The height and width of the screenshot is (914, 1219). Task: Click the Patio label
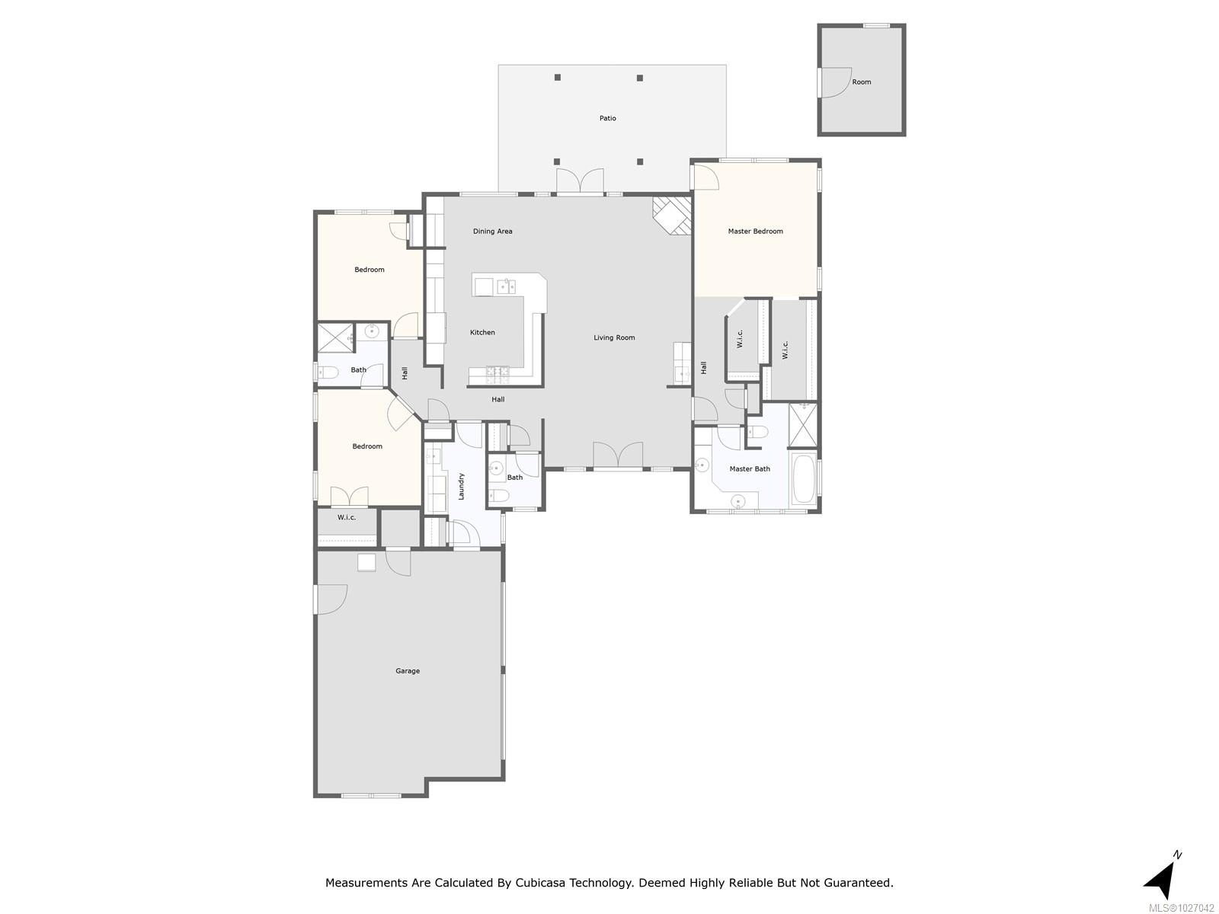[607, 118]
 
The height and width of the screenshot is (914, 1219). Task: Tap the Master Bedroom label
[755, 231]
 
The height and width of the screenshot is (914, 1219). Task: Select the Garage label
[408, 671]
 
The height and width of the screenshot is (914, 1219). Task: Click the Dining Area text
[492, 231]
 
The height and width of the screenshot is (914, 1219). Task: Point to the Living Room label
[614, 337]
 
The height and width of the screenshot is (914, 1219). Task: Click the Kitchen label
[482, 332]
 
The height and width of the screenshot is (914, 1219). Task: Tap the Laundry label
[461, 486]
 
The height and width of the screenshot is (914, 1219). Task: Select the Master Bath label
[750, 468]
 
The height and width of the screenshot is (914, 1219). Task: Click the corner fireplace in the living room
[673, 216]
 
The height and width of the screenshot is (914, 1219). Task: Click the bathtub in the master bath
[804, 479]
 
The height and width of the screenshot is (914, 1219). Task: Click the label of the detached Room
[861, 81]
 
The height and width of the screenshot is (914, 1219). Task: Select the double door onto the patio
[580, 182]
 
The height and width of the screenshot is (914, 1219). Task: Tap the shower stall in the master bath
[802, 425]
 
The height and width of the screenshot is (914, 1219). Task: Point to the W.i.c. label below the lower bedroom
[347, 517]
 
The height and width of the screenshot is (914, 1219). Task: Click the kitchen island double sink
[507, 286]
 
